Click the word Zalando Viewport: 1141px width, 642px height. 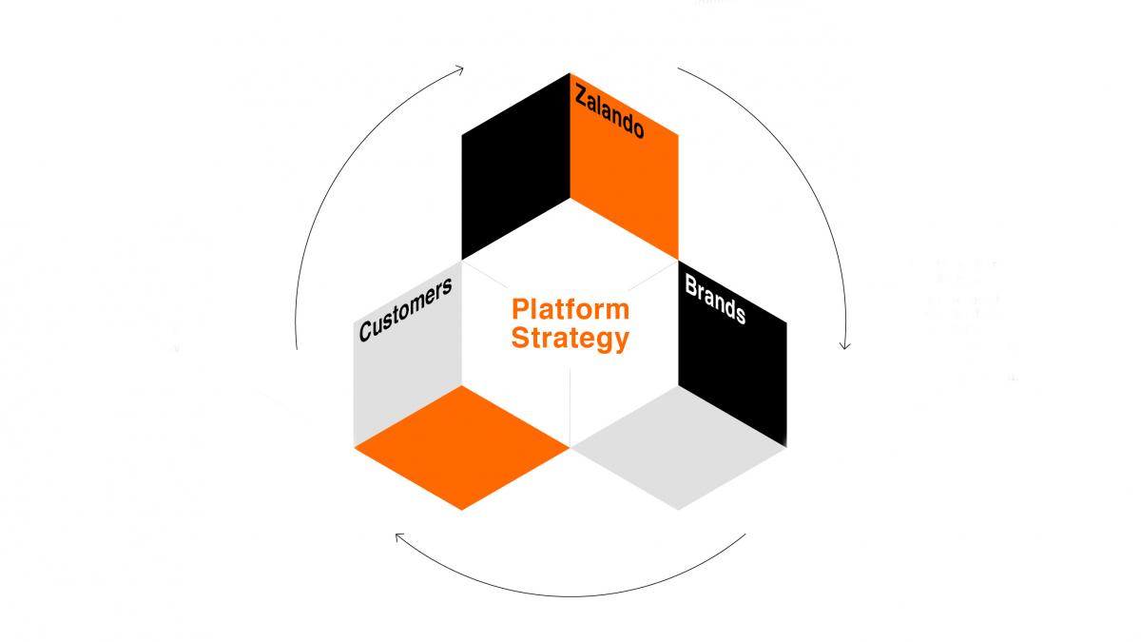pyautogui.click(x=609, y=112)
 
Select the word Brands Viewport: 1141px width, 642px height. pyautogui.click(x=715, y=301)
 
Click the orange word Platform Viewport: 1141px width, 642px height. pyautogui.click(x=570, y=309)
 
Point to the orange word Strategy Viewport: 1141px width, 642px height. pyautogui.click(x=570, y=338)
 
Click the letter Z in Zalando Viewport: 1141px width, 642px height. pyautogui.click(x=579, y=94)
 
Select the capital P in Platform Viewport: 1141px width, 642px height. pyautogui.click(x=519, y=309)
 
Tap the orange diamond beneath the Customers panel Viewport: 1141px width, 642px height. pyautogui.click(x=462, y=447)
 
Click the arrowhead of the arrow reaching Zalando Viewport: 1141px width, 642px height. pyautogui.click(x=460, y=68)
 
